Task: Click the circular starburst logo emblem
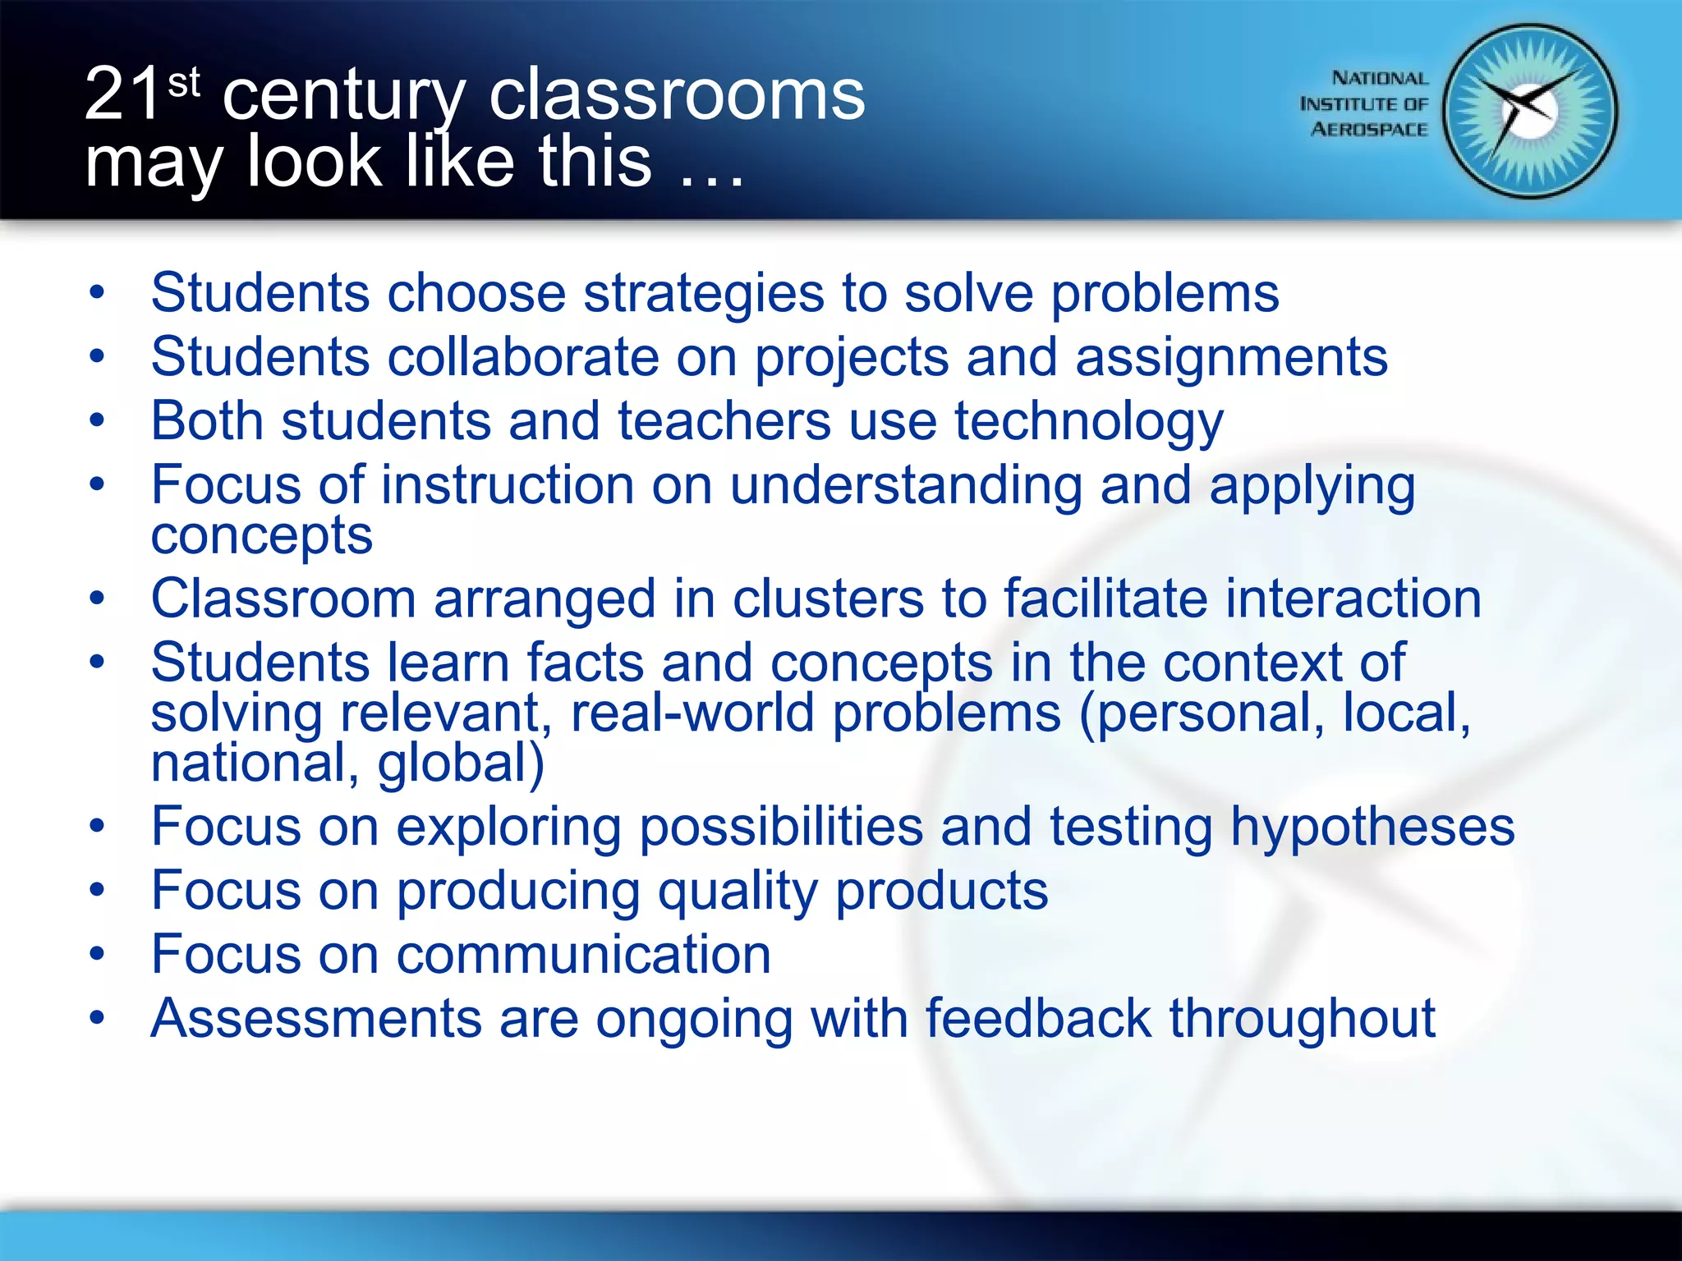[x=1530, y=112]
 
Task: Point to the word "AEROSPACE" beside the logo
[x=1369, y=130]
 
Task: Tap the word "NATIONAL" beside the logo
[x=1380, y=78]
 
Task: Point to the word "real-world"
[x=692, y=713]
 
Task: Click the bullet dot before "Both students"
[x=98, y=420]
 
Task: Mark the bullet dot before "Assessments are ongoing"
[x=98, y=1019]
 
